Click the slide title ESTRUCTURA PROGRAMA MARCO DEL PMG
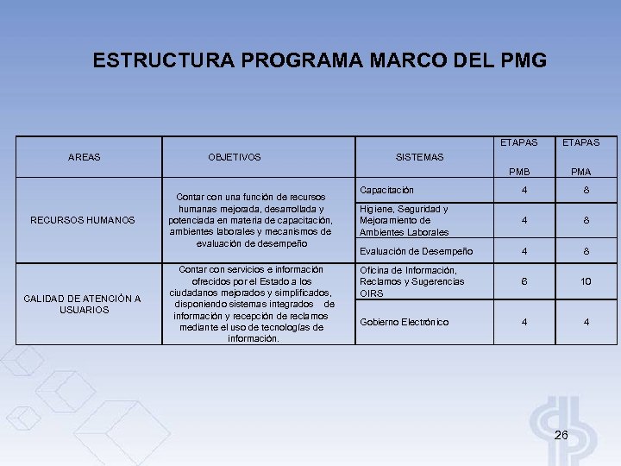[319, 61]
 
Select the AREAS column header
[84, 157]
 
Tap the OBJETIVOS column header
[235, 157]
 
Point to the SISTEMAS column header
[419, 157]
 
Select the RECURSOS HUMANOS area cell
[83, 220]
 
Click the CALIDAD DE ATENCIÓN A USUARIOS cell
[83, 304]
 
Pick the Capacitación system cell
[387, 190]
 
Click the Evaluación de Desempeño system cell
[416, 251]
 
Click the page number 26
[561, 435]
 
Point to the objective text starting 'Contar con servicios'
[252, 304]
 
